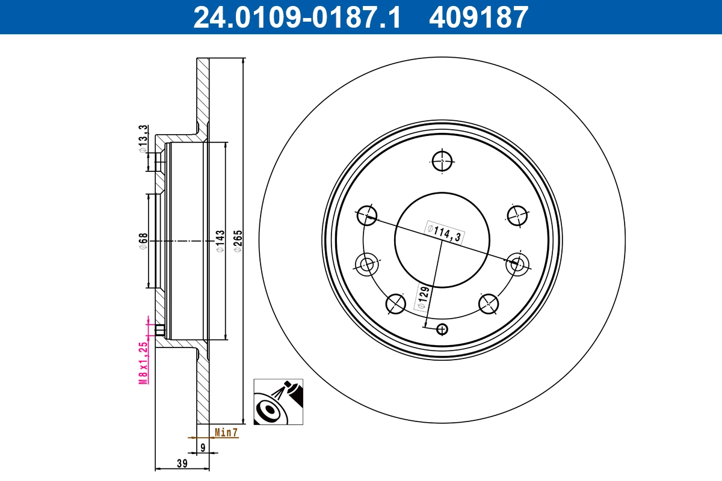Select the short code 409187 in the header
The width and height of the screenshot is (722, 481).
pyautogui.click(x=478, y=17)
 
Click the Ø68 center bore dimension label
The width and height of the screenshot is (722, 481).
pyautogui.click(x=143, y=240)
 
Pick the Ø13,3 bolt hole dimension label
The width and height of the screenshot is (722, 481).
pyautogui.click(x=143, y=139)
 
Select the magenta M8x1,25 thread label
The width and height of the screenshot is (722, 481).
pyautogui.click(x=143, y=362)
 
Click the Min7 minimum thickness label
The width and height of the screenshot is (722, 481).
pyautogui.click(x=226, y=432)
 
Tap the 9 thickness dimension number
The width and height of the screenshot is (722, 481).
pyautogui.click(x=203, y=447)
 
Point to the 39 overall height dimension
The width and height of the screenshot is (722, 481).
pyautogui.click(x=183, y=464)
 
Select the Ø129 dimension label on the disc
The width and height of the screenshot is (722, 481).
pyautogui.click(x=423, y=299)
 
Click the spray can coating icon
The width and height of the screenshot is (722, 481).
pyautogui.click(x=278, y=402)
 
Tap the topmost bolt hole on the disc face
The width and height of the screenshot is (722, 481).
pyautogui.click(x=442, y=161)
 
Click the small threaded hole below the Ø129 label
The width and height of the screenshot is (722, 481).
pyautogui.click(x=442, y=329)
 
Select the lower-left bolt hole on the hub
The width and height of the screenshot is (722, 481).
pyautogui.click(x=395, y=304)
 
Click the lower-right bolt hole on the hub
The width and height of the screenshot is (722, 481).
pyautogui.click(x=488, y=304)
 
